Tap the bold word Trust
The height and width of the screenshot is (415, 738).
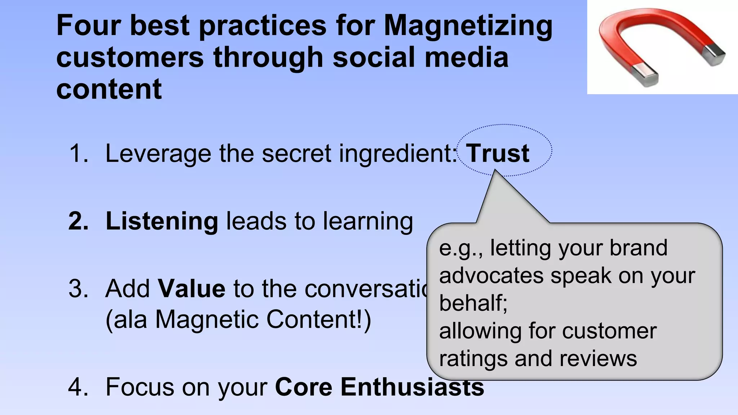[x=498, y=153]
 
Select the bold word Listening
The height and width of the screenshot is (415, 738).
[x=162, y=221]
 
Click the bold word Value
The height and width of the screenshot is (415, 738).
[x=192, y=289]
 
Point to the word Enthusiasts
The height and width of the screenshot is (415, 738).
[x=412, y=387]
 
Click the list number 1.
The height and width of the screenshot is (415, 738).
[x=78, y=153]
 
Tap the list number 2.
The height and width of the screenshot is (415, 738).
[x=78, y=221]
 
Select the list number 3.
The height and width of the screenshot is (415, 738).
[x=78, y=289]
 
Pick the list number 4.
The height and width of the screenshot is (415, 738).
[x=78, y=387]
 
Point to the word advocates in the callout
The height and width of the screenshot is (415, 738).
[x=490, y=276]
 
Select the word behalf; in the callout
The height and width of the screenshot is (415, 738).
[x=473, y=303]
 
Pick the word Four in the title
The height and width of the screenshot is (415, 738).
[x=89, y=26]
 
